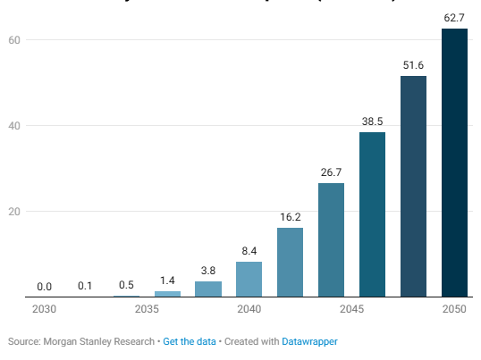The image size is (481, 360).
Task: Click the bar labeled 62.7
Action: click(x=454, y=163)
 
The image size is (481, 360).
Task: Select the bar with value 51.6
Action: click(x=413, y=186)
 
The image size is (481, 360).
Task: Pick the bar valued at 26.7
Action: click(x=331, y=239)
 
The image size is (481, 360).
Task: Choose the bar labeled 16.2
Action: click(x=290, y=262)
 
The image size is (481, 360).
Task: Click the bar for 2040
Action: click(x=249, y=279)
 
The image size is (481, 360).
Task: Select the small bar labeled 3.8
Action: click(x=207, y=289)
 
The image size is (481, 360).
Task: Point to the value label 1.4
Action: click(x=167, y=280)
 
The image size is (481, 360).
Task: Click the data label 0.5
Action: click(x=126, y=285)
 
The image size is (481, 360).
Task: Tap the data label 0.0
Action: click(x=44, y=287)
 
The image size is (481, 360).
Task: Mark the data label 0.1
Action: click(x=85, y=286)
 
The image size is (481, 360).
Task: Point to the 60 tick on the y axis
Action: click(x=14, y=40)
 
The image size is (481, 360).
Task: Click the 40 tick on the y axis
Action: click(x=14, y=126)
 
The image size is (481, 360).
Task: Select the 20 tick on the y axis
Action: click(x=14, y=212)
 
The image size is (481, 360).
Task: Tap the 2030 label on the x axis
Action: click(x=44, y=309)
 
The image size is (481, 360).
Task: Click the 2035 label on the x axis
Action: click(x=147, y=309)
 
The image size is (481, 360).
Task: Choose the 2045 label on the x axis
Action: click(x=351, y=309)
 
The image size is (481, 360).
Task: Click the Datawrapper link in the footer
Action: click(x=309, y=341)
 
